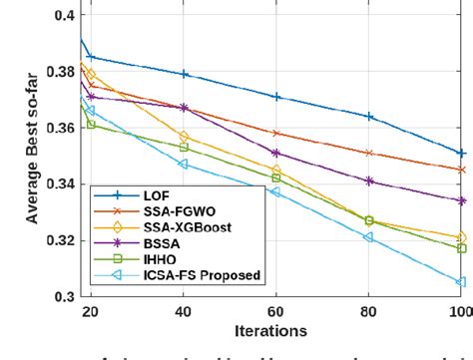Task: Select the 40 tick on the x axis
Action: tap(184, 312)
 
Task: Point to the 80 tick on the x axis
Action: tap(369, 312)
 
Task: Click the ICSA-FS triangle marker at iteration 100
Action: tap(461, 282)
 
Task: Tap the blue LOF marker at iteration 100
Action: tap(461, 154)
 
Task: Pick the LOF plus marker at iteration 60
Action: tap(276, 97)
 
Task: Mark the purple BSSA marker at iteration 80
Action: tap(369, 180)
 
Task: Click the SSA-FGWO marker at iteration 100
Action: tap(461, 170)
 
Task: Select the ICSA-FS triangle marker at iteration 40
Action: tap(184, 164)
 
